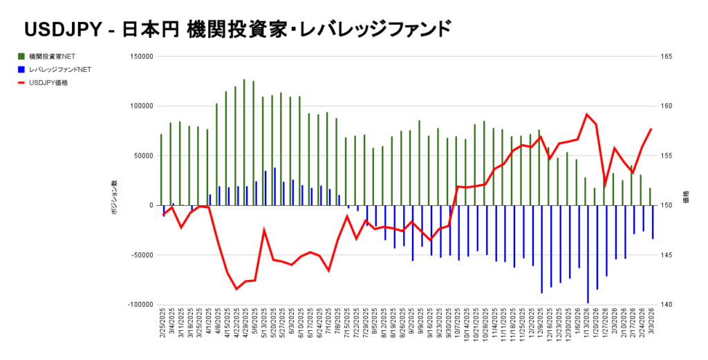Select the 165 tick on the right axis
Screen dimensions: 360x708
pyautogui.click(x=658, y=57)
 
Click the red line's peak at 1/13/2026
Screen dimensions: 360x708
pyautogui.click(x=587, y=115)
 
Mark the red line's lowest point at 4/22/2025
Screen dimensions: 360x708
pyautogui.click(x=236, y=289)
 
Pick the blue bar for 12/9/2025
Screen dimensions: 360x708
pyautogui.click(x=541, y=249)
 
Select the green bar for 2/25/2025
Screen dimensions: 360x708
pyautogui.click(x=161, y=169)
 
